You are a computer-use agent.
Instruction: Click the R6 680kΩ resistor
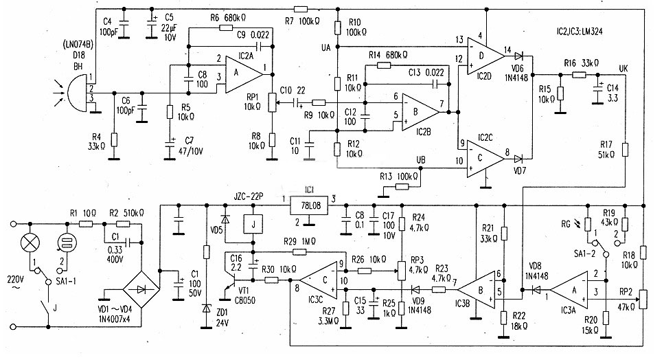(x=227, y=27)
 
